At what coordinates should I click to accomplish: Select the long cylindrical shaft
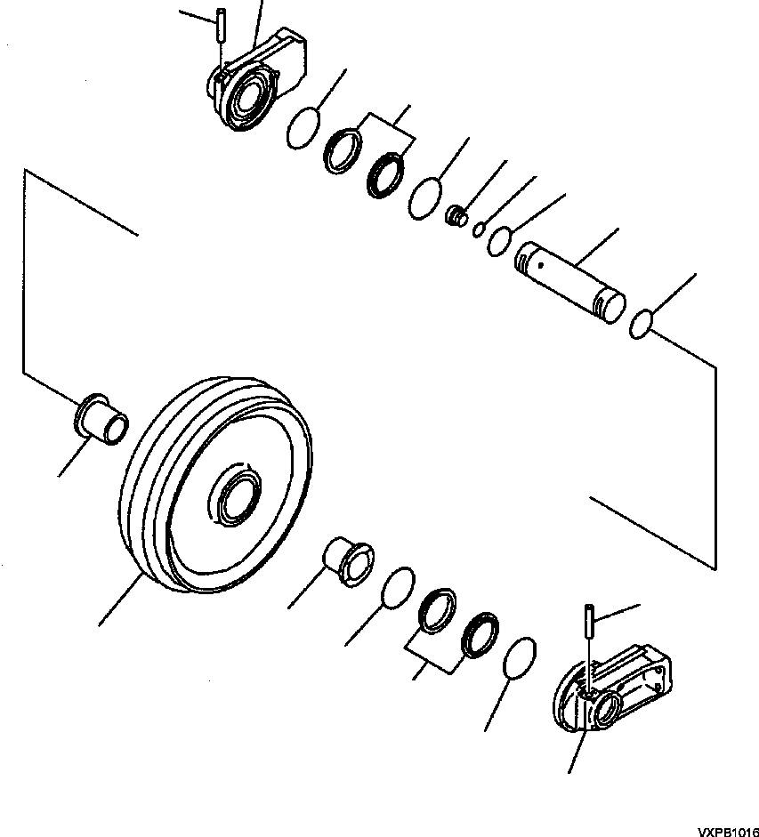570,282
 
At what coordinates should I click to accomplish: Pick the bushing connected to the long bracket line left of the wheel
101,420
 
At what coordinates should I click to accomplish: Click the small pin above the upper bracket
221,25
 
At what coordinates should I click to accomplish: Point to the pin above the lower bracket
589,620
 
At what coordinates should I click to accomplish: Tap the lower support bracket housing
612,688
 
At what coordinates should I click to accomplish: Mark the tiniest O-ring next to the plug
479,229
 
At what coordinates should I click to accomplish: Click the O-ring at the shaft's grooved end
499,241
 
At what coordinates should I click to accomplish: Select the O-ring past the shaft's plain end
641,324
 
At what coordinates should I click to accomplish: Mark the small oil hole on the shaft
540,264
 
